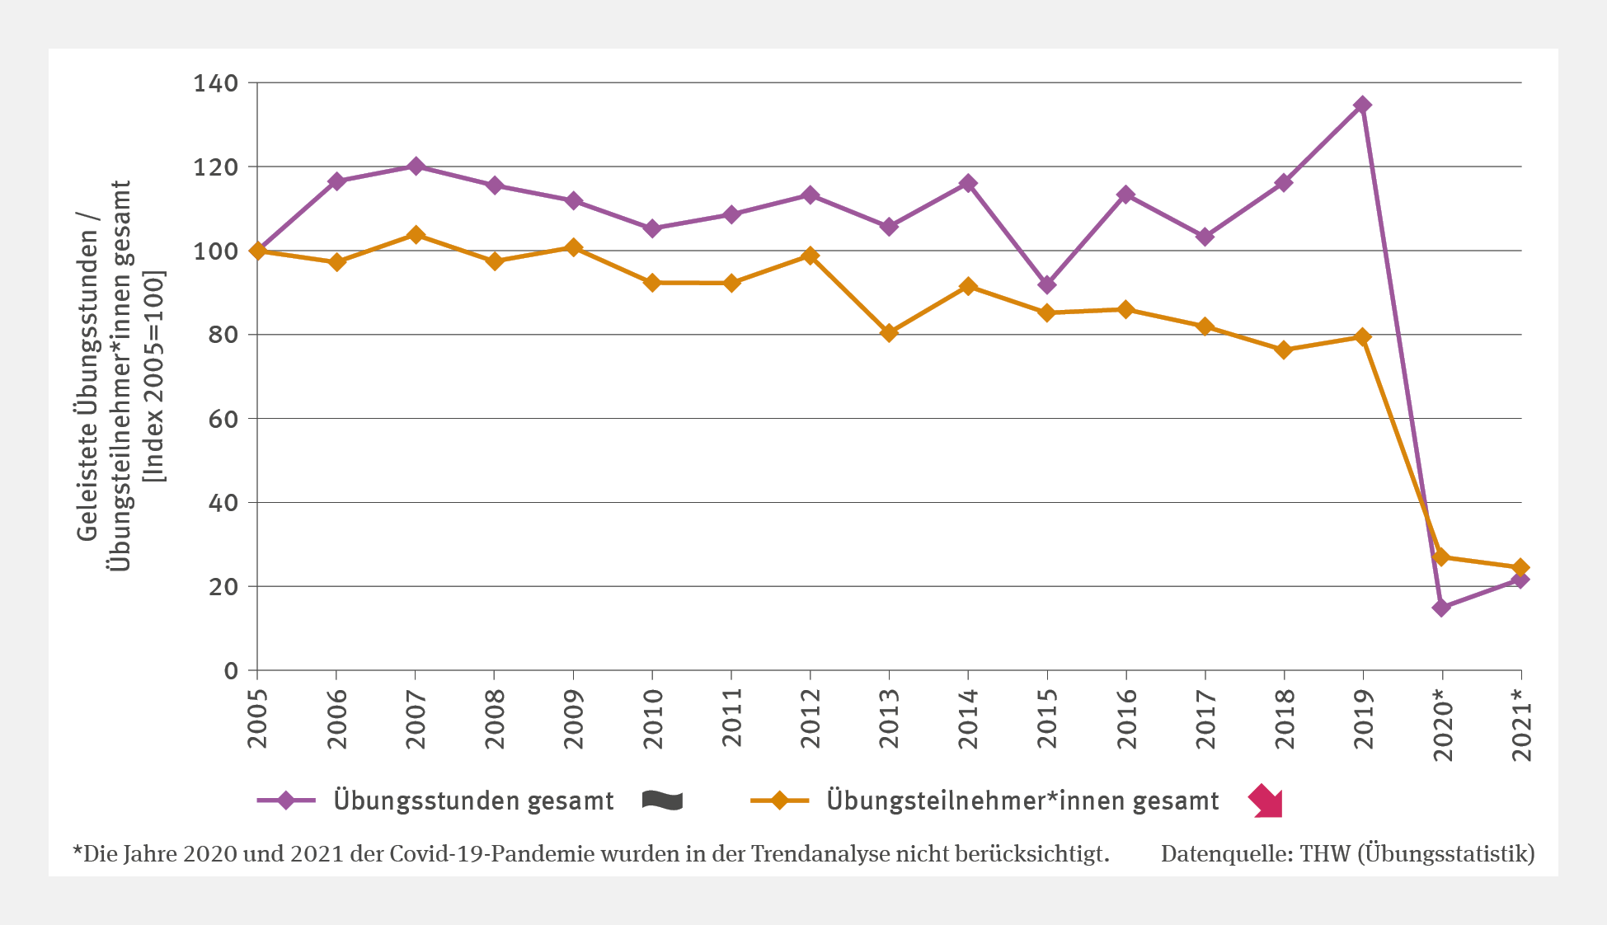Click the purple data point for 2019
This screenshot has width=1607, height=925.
pyautogui.click(x=1362, y=105)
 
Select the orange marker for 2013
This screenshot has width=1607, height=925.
pyautogui.click(x=889, y=333)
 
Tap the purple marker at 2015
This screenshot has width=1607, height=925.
pyautogui.click(x=1047, y=284)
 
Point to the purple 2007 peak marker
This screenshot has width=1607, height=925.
pyautogui.click(x=416, y=166)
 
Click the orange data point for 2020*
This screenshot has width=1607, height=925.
pyautogui.click(x=1441, y=557)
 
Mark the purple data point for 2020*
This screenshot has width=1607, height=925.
pyautogui.click(x=1441, y=608)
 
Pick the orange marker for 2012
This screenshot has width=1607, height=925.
pyautogui.click(x=811, y=256)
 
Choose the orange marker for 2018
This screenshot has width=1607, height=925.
pyautogui.click(x=1284, y=350)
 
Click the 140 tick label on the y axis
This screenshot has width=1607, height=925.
pyautogui.click(x=215, y=83)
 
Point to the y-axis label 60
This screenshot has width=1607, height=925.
pyautogui.click(x=223, y=419)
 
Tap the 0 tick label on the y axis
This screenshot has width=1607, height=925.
pyautogui.click(x=231, y=671)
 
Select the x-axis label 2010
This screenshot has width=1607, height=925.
pyautogui.click(x=653, y=718)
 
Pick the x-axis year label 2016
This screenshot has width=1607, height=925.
pyautogui.click(x=1126, y=718)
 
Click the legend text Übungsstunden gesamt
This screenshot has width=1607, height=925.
pyautogui.click(x=473, y=801)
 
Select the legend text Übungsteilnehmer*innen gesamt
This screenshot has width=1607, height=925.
pyautogui.click(x=1022, y=801)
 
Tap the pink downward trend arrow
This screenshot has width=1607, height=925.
pyautogui.click(x=1266, y=801)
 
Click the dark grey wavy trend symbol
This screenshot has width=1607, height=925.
pyautogui.click(x=662, y=801)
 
